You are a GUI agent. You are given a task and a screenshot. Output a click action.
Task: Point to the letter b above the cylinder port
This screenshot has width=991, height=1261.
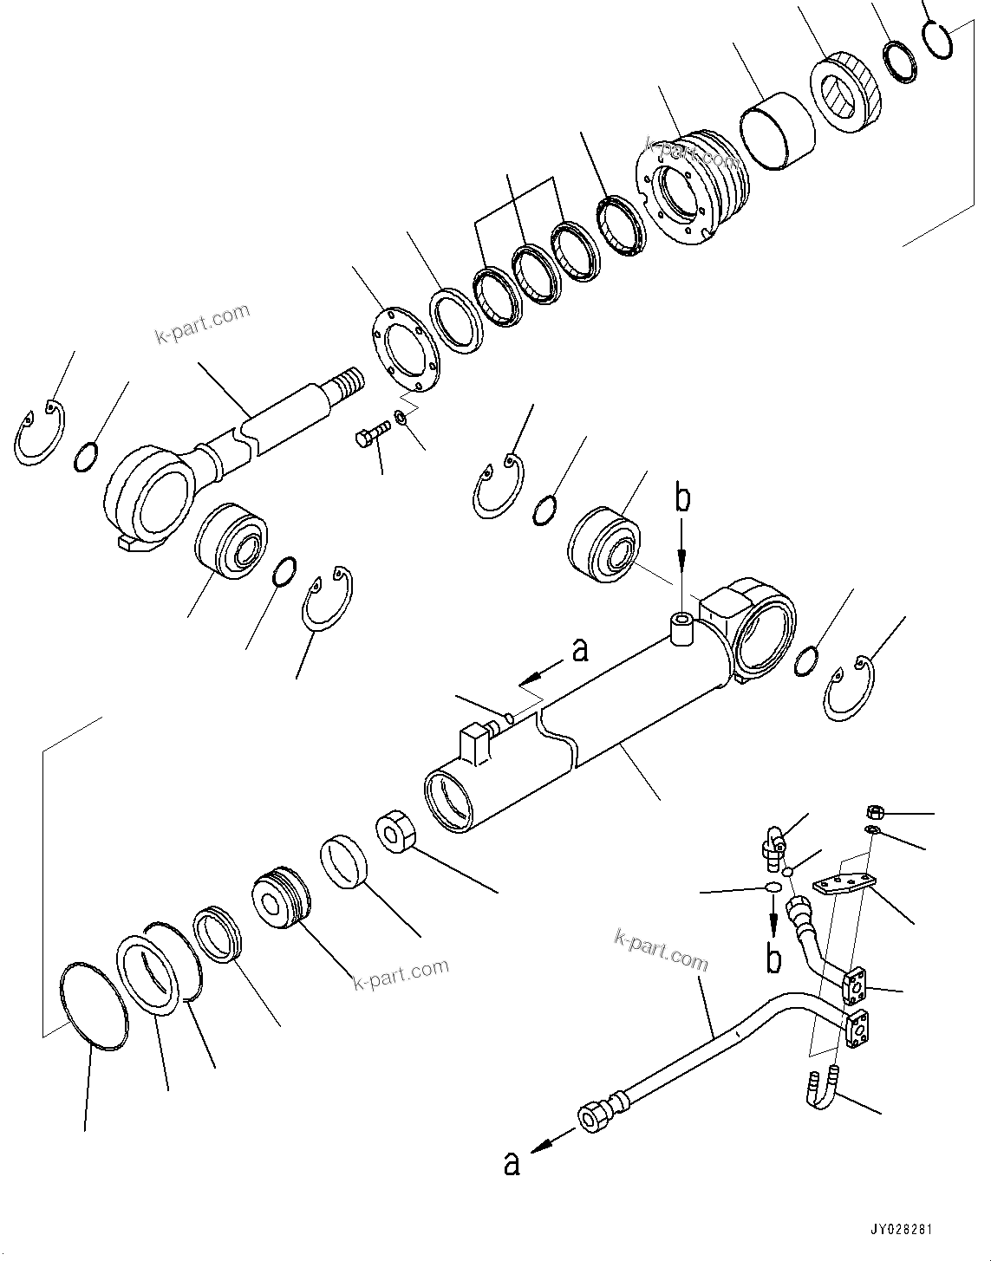(684, 500)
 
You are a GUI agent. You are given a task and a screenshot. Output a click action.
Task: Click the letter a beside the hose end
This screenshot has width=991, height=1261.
(512, 1163)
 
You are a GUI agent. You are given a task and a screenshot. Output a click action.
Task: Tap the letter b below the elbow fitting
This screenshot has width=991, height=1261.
(773, 959)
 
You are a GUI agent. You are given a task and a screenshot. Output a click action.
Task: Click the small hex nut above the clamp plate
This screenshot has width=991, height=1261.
(875, 812)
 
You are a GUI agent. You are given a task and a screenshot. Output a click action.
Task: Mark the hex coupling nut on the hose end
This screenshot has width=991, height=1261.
(597, 1118)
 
